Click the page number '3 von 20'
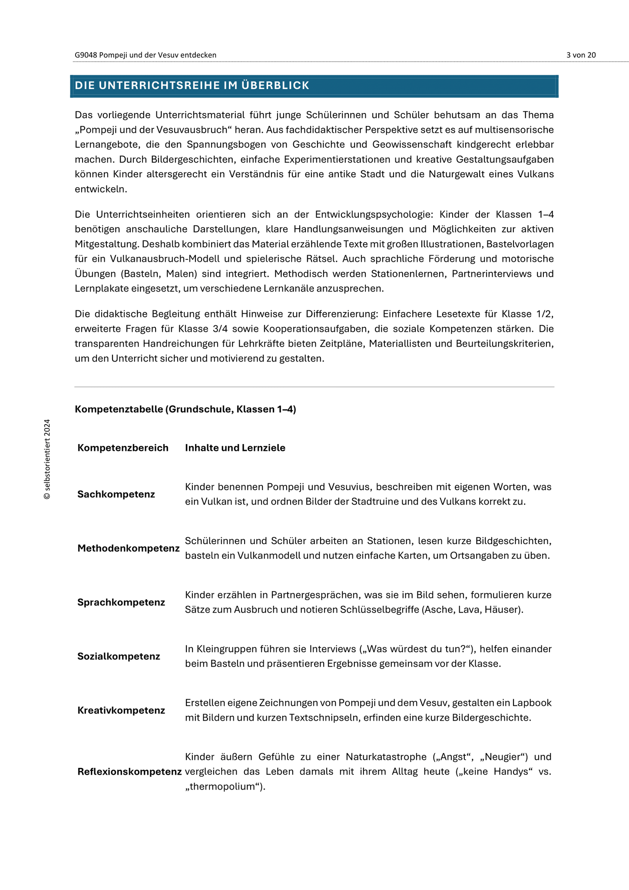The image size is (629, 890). (581, 55)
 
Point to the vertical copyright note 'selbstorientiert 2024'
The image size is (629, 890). (47, 459)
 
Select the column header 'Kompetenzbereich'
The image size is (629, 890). (123, 448)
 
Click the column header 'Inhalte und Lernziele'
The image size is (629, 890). (235, 448)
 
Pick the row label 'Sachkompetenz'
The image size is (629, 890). (116, 495)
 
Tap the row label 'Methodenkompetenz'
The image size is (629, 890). (128, 548)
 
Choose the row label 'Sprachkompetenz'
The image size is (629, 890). (121, 602)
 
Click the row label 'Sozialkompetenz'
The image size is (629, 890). (119, 656)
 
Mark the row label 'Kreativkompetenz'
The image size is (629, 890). (121, 711)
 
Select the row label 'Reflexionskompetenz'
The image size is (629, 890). (129, 772)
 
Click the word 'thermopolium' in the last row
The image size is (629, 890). (225, 787)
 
